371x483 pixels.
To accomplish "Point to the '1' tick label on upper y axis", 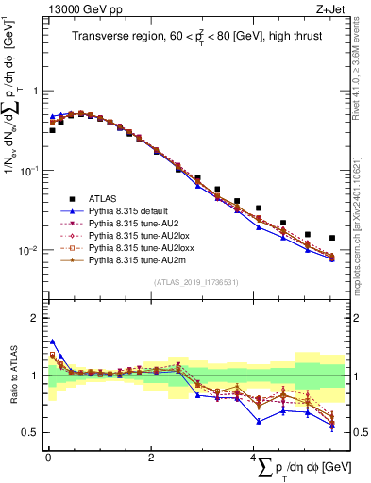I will (x=35, y=92).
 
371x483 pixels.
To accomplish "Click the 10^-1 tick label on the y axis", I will (x=30, y=171).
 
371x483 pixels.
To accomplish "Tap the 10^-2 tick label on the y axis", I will (x=30, y=251).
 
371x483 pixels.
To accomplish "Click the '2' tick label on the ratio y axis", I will (x=35, y=318).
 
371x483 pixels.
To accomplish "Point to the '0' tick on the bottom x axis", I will (x=48, y=458).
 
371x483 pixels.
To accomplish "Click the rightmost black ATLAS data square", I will (x=332, y=239).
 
